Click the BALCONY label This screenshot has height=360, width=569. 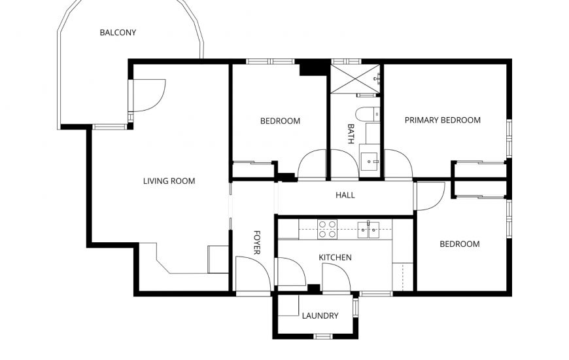click(x=118, y=33)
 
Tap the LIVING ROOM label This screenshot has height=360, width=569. click(x=169, y=181)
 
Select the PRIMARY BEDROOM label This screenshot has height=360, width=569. click(x=443, y=120)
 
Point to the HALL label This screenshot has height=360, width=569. click(x=345, y=196)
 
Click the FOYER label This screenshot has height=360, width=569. click(x=256, y=242)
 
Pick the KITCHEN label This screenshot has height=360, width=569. click(x=335, y=257)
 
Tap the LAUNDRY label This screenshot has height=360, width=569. click(x=320, y=316)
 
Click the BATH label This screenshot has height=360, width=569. click(x=351, y=134)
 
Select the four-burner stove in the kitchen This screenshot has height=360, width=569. click(x=327, y=229)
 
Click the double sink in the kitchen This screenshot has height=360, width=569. click(x=368, y=230)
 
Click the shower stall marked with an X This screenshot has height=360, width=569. click(x=355, y=79)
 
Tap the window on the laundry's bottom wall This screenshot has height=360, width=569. click(x=323, y=336)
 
